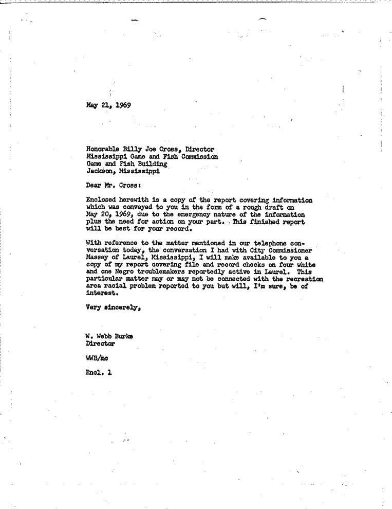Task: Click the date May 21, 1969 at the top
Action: pos(108,105)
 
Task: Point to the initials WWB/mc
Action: pos(97,358)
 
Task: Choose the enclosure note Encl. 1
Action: pos(98,373)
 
